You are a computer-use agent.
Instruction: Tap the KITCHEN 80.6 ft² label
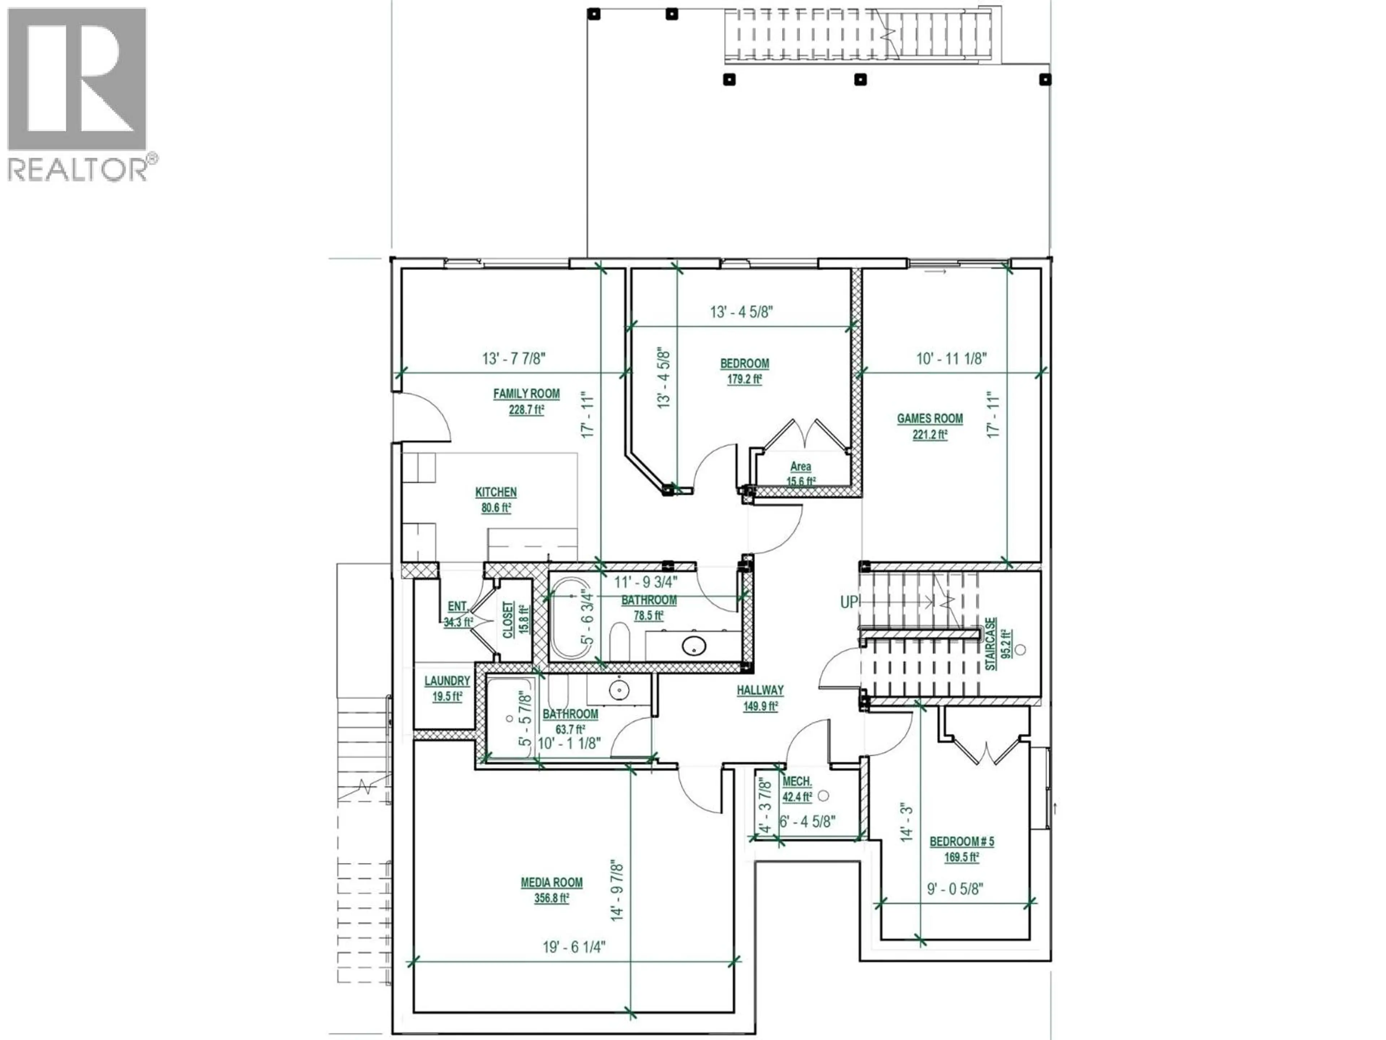[496, 500]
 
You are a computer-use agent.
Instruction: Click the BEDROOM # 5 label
[961, 842]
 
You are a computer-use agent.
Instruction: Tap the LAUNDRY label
[447, 681]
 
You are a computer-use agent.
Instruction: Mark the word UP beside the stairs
[849, 602]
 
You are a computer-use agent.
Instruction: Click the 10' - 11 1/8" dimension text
[951, 359]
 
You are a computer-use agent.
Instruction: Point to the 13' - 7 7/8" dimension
[514, 359]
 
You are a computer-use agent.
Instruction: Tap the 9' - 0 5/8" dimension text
[955, 888]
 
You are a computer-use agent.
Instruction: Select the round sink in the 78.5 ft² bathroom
[694, 645]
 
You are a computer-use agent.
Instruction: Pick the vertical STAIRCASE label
[991, 644]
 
